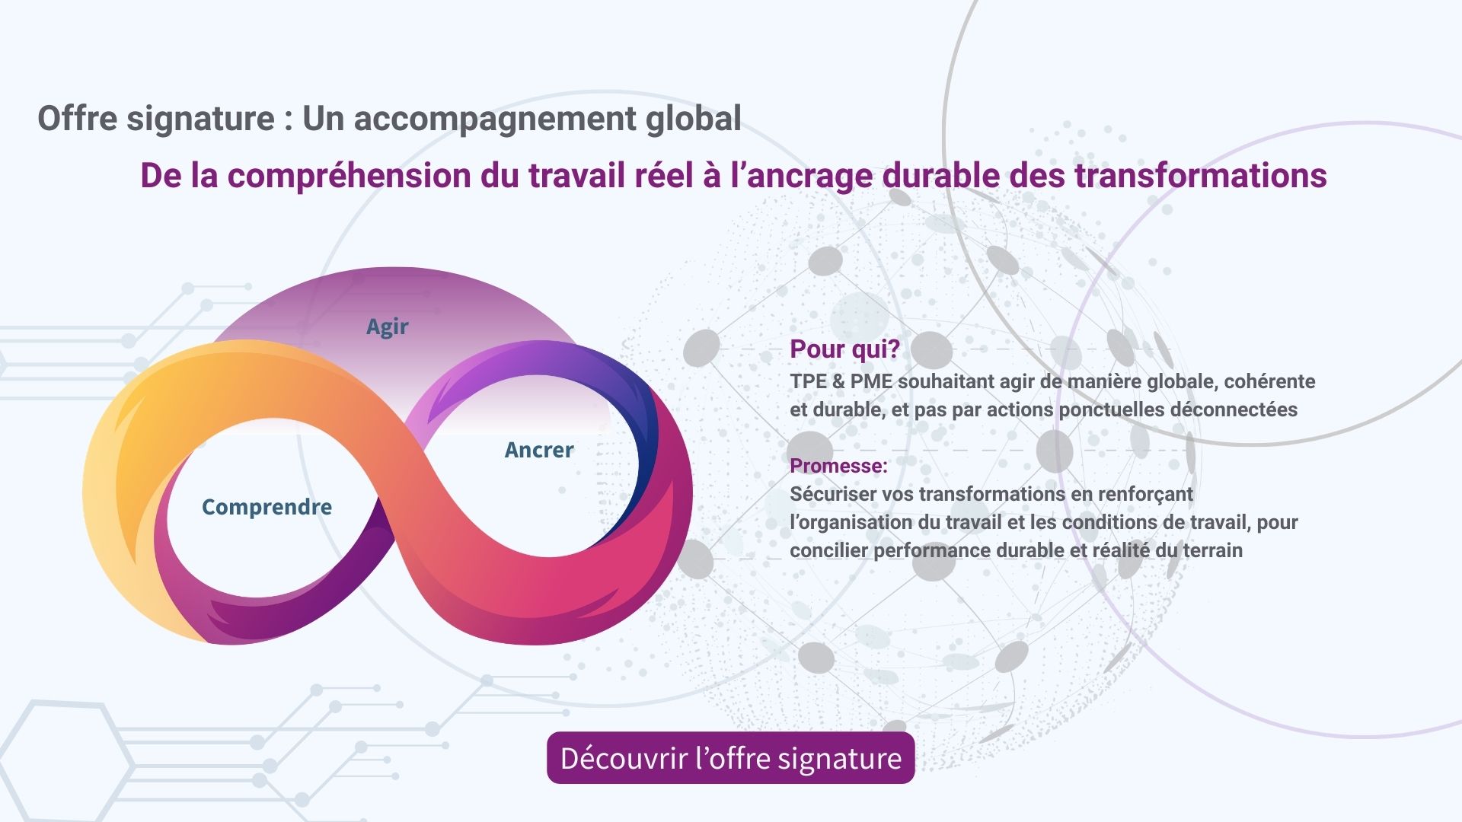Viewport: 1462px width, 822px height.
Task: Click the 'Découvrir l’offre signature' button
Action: [x=730, y=758]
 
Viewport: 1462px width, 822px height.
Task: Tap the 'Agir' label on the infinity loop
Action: [x=387, y=327]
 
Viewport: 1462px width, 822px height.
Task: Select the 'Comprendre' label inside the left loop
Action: [x=267, y=507]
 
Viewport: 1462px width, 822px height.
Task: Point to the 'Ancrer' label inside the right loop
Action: [x=539, y=450]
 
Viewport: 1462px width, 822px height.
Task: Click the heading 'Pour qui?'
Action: [x=844, y=349]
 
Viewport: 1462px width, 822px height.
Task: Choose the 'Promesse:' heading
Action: [x=838, y=465]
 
